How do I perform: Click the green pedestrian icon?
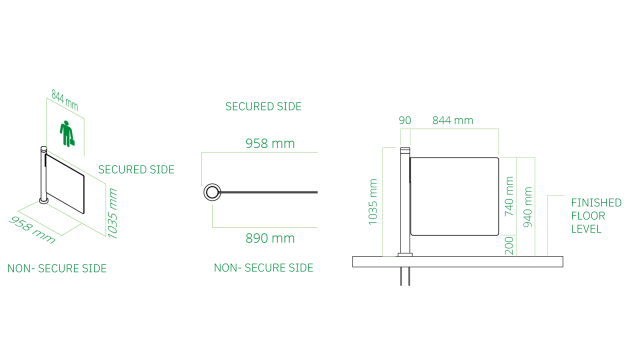coord(68,133)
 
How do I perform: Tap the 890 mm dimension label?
coord(270,238)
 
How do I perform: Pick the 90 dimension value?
coord(404,120)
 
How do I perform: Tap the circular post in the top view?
coord(212,192)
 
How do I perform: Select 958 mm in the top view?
coord(270,144)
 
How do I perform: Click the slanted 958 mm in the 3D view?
coord(33,228)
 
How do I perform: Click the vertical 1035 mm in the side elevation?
coord(373,200)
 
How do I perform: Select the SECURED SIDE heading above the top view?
coord(263,106)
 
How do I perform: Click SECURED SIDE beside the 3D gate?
coord(136,170)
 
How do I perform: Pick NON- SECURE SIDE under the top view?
coord(263,268)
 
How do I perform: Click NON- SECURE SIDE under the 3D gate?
coord(57,268)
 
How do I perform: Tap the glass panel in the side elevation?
coord(455,195)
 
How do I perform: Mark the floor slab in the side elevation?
coord(457,262)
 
